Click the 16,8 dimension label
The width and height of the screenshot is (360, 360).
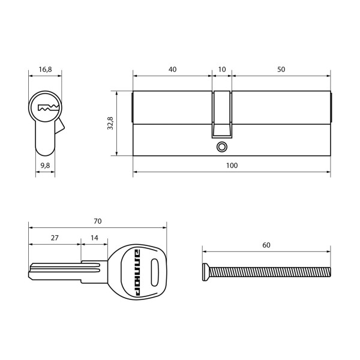pos(45,70)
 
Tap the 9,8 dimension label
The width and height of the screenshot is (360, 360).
pos(45,166)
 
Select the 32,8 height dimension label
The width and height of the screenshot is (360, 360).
pos(110,123)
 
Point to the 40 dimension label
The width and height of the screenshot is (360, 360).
pos(172,70)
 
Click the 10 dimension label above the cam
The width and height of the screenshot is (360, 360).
pos(222,70)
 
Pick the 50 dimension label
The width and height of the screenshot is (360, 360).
pos(281,70)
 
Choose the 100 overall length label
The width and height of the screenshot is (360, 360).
pos(232,166)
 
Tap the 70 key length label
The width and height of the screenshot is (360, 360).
pos(98,221)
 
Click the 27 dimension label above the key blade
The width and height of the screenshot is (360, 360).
pos(55,238)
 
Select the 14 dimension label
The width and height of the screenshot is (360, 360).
pos(94,238)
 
